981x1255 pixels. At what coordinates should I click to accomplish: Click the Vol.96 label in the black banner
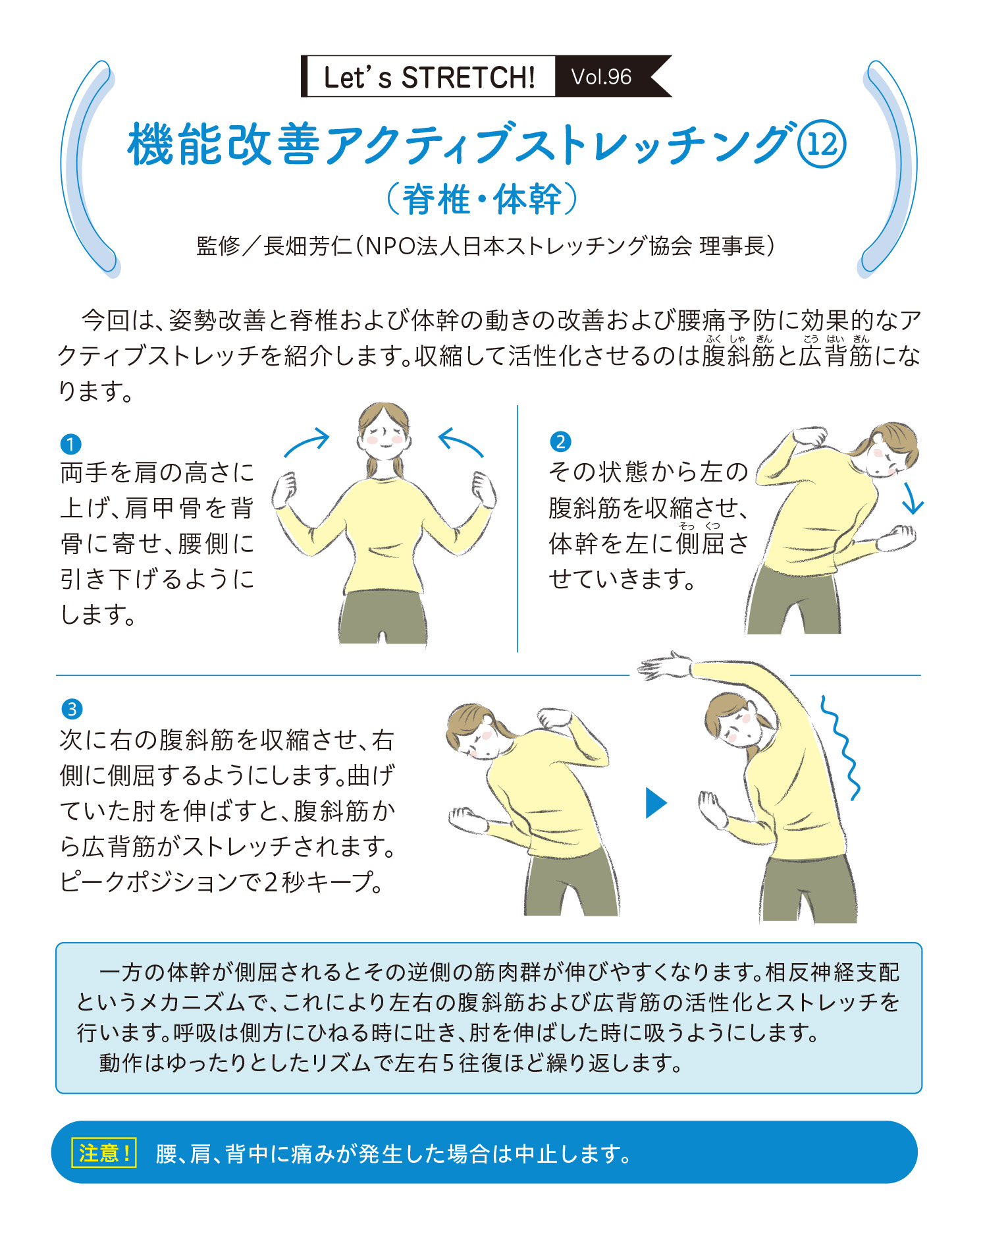601,77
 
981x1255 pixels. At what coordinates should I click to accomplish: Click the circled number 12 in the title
821,144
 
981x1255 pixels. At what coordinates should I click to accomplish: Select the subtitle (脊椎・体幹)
482,199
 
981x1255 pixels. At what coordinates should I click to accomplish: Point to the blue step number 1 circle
70,444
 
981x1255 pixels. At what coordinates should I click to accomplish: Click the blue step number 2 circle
560,441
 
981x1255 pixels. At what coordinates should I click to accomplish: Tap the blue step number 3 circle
72,710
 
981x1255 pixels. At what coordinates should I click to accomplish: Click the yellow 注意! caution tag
103,1153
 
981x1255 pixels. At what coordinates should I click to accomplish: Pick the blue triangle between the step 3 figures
656,803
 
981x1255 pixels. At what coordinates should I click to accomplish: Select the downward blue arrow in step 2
912,499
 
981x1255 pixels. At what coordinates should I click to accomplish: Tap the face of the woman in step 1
384,437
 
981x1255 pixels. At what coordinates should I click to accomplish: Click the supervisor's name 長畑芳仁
307,246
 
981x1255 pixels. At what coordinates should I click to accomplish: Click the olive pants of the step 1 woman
383,617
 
